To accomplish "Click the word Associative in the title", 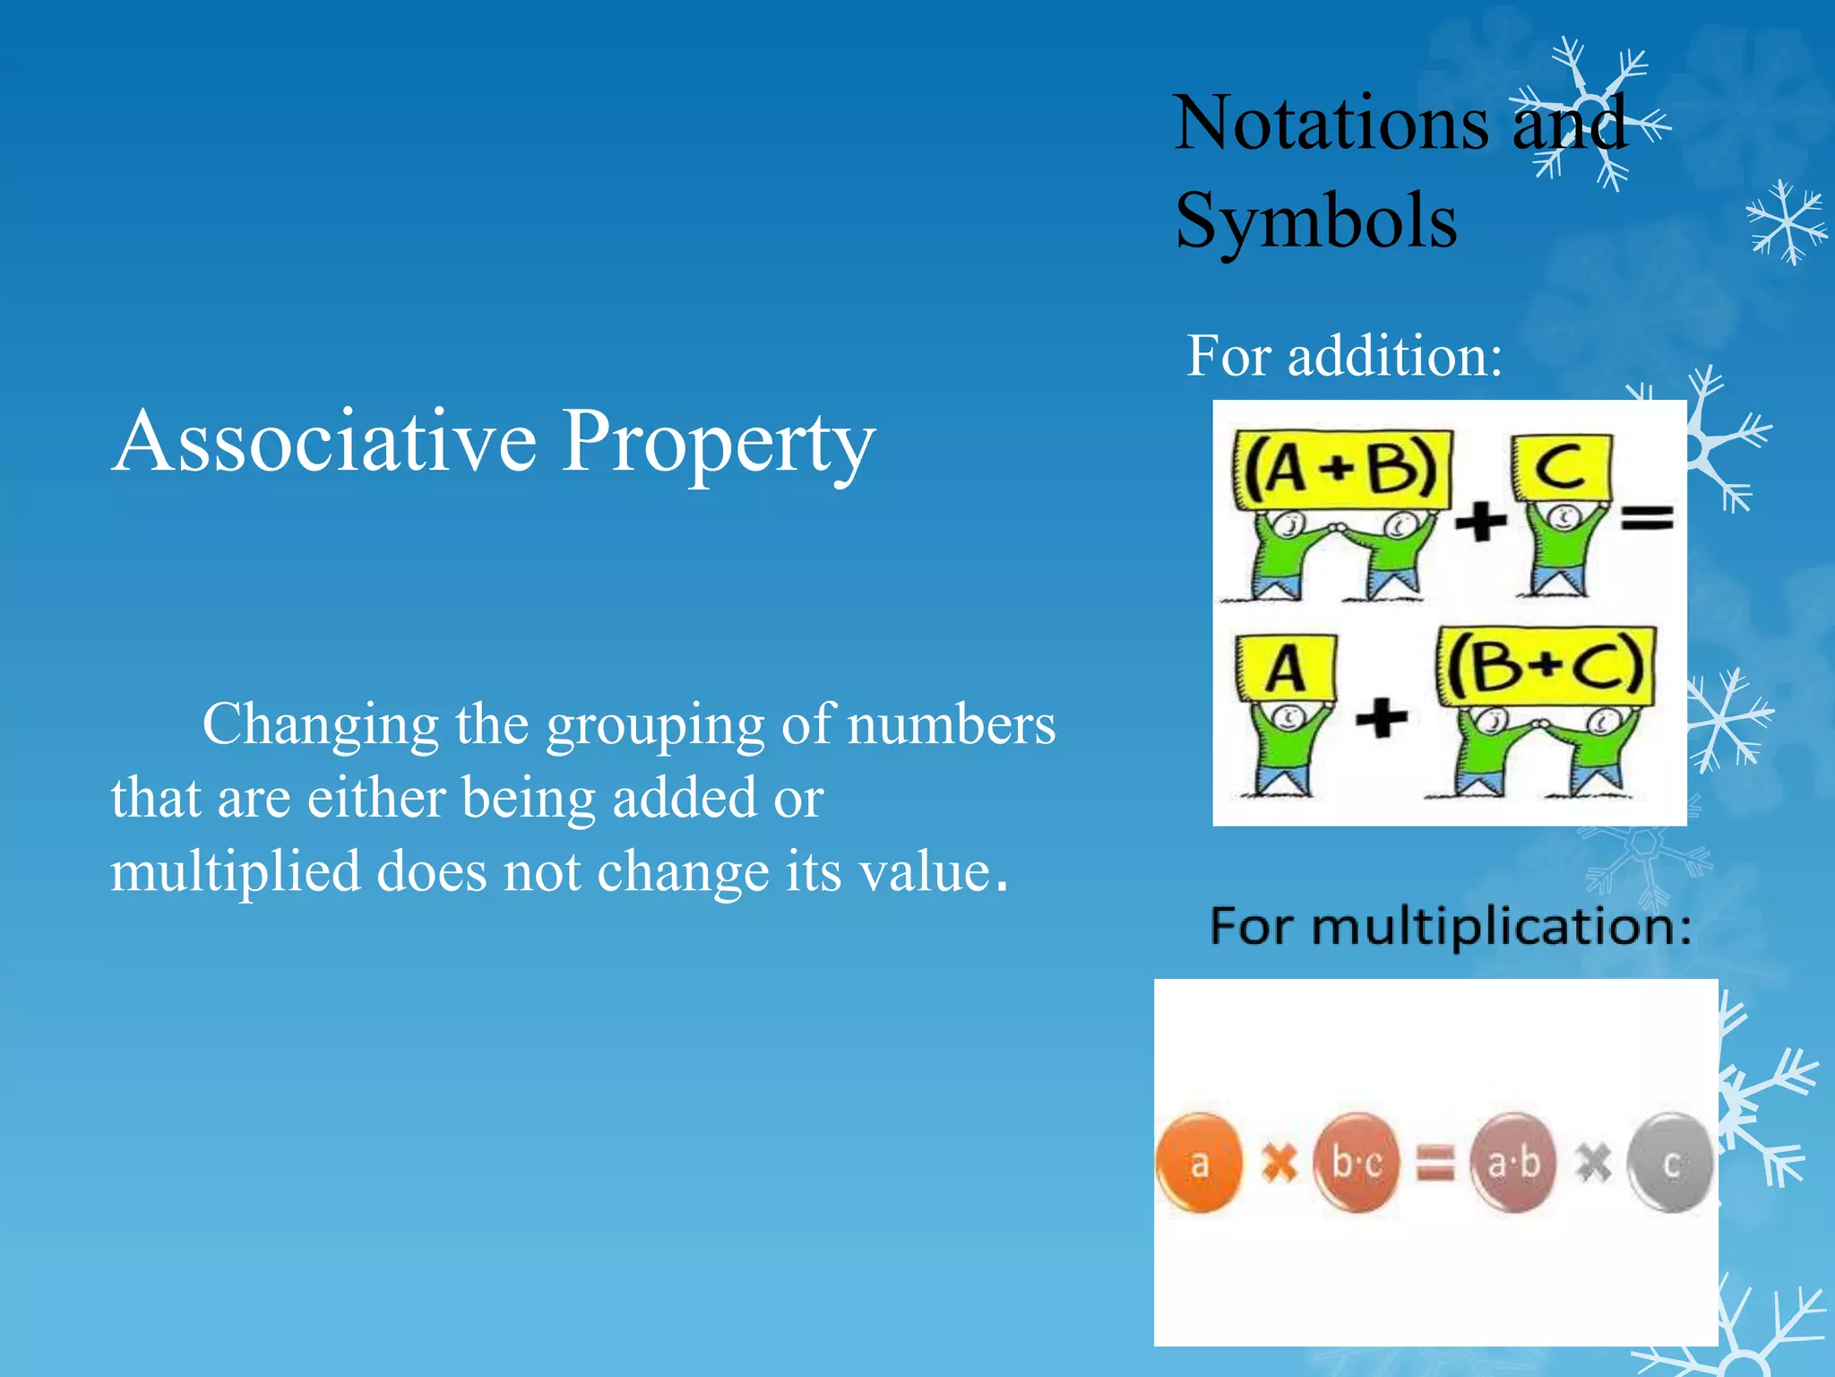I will pyautogui.click(x=324, y=441).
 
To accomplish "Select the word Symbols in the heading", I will pyautogui.click(x=1315, y=221).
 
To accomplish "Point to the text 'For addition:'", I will pyautogui.click(x=1344, y=356).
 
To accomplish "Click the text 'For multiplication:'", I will pyautogui.click(x=1451, y=926).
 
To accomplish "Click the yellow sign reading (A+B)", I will pyautogui.click(x=1340, y=469).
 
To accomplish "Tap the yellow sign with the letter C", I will pyautogui.click(x=1562, y=468).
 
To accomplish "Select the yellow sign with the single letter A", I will pyautogui.click(x=1286, y=669).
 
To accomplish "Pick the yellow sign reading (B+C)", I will pyautogui.click(x=1546, y=665).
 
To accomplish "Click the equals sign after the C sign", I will pyautogui.click(x=1647, y=518).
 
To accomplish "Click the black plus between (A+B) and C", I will pyautogui.click(x=1480, y=521).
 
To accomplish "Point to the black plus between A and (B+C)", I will pyautogui.click(x=1381, y=718).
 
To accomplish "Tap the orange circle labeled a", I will pyautogui.click(x=1199, y=1163).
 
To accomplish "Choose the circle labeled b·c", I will pyautogui.click(x=1357, y=1163).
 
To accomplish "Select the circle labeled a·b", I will pyautogui.click(x=1513, y=1163).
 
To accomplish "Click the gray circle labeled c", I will pyautogui.click(x=1670, y=1163).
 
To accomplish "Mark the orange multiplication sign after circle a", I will pyautogui.click(x=1279, y=1164).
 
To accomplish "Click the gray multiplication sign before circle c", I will pyautogui.click(x=1592, y=1164).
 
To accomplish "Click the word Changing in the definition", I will pyautogui.click(x=320, y=724).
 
